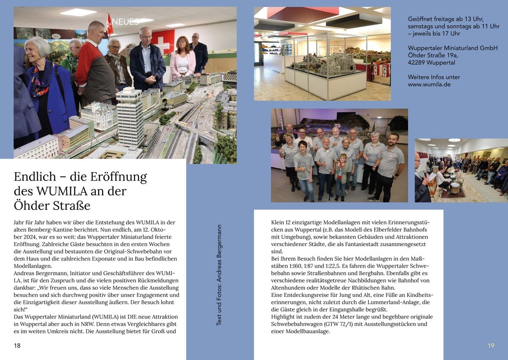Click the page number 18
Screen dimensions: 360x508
[17, 346]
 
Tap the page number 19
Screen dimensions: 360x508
[491, 346]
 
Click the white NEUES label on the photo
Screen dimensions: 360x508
[125, 22]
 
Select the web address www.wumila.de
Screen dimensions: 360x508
[429, 84]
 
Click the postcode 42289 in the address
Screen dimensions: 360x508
[417, 63]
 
